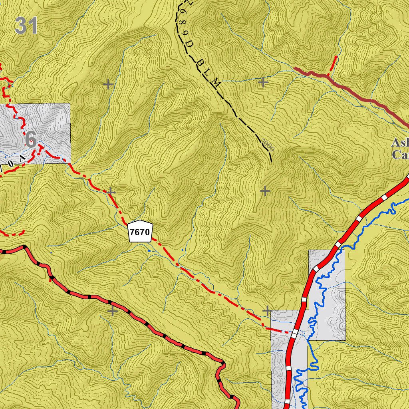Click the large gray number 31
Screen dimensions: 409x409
click(26, 26)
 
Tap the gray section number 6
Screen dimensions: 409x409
click(31, 139)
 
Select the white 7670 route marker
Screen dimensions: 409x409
click(140, 231)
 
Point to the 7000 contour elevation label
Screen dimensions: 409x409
click(268, 145)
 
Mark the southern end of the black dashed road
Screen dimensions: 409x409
click(271, 162)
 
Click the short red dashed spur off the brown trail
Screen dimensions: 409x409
click(332, 66)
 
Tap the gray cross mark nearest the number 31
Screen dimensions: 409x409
click(108, 84)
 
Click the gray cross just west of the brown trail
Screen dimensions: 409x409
click(263, 82)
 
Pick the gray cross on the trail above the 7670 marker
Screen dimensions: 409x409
click(111, 193)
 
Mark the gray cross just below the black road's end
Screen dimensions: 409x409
click(265, 191)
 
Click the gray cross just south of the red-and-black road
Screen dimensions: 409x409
click(112, 310)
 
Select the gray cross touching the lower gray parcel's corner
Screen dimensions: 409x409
click(267, 310)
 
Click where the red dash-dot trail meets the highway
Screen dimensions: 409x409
click(294, 332)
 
